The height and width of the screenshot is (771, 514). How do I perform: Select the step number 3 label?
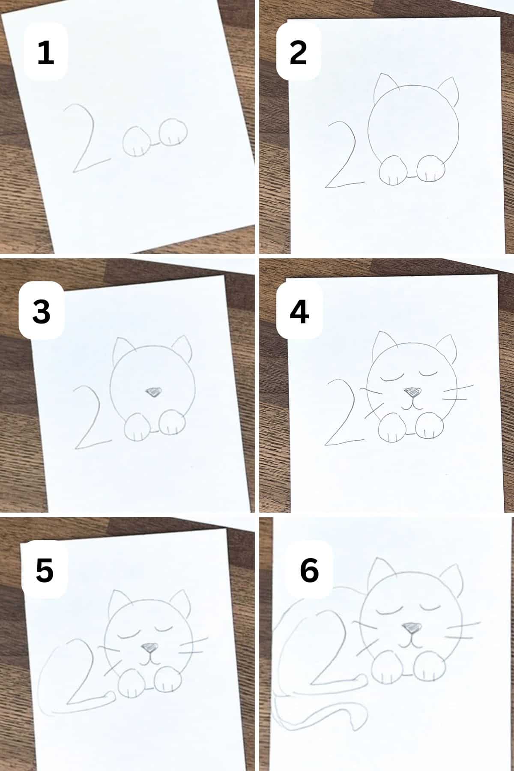pos(42,311)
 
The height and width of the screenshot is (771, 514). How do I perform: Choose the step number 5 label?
pos(45,570)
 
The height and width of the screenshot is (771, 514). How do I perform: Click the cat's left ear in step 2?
pos(382,86)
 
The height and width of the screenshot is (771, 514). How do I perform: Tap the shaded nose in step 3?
pos(153,391)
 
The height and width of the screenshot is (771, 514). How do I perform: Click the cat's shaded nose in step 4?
pos(413,391)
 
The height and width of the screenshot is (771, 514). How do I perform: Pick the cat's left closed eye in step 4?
pos(393,377)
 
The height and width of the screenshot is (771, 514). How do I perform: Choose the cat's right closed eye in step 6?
pos(432,606)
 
